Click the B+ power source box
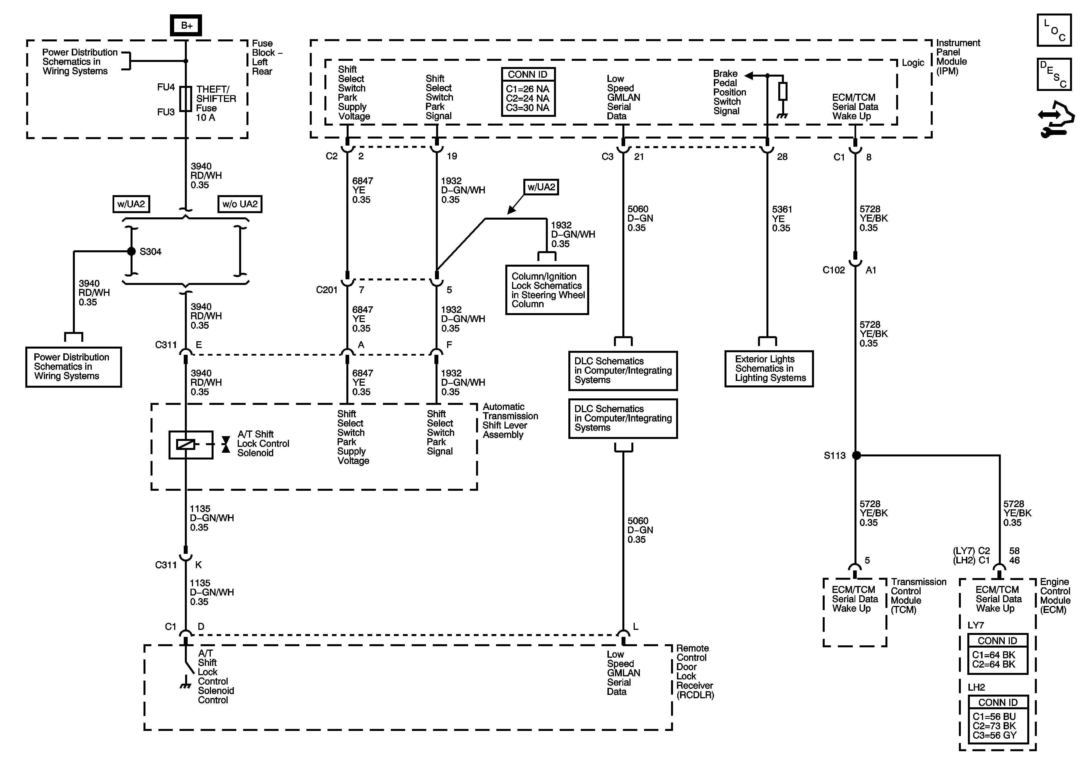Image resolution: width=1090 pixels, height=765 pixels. click(x=186, y=25)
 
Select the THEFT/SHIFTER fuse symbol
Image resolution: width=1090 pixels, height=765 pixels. click(x=186, y=99)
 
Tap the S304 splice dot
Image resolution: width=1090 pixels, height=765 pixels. click(x=131, y=251)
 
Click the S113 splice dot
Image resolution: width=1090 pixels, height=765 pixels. click(x=856, y=455)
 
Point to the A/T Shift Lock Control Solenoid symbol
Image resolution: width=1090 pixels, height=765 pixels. click(x=191, y=445)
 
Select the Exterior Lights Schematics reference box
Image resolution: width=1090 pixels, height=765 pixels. click(x=769, y=369)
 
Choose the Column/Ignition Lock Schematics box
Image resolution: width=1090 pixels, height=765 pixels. click(x=547, y=290)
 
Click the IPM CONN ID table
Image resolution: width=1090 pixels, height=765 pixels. click(x=528, y=92)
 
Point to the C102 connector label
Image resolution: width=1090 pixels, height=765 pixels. click(x=834, y=270)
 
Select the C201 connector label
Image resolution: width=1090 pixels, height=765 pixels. click(x=327, y=290)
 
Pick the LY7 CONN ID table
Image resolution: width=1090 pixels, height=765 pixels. click(x=998, y=654)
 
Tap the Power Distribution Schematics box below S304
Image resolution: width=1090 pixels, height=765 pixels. click(x=74, y=367)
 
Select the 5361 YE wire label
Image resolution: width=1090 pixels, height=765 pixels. click(x=781, y=218)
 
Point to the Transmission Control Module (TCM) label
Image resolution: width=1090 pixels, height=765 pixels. click(x=918, y=596)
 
